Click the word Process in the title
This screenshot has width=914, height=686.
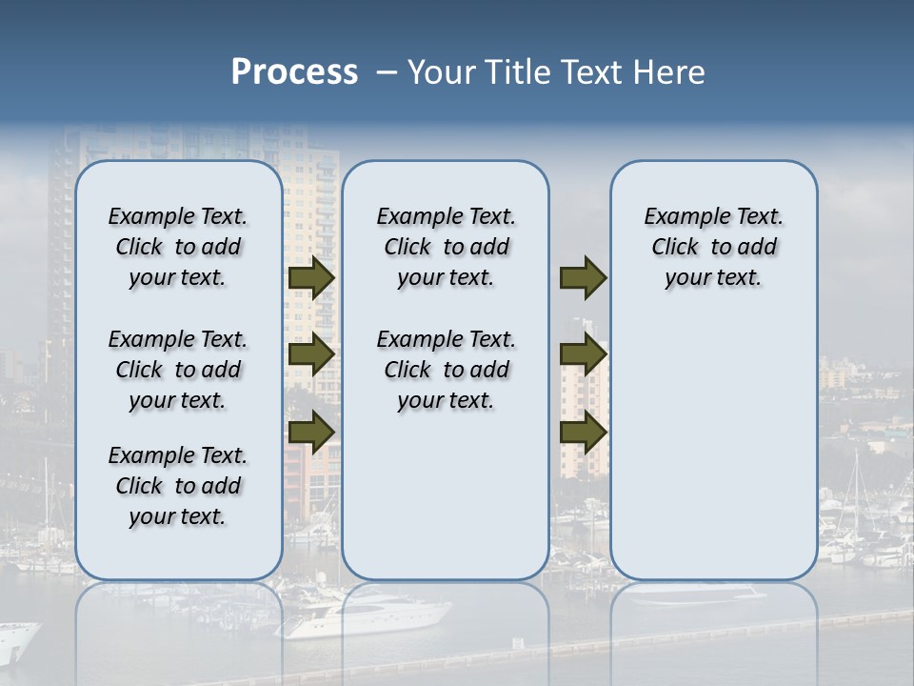pyautogui.click(x=294, y=72)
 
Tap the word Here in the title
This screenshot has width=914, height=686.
pyautogui.click(x=671, y=72)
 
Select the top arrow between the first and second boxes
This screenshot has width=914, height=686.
pyautogui.click(x=310, y=277)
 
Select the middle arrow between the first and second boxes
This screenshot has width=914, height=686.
pyautogui.click(x=310, y=355)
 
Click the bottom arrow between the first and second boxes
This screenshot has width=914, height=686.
pyautogui.click(x=310, y=431)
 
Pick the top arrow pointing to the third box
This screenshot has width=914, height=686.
pyautogui.click(x=583, y=277)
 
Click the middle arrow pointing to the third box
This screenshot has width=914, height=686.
pyautogui.click(x=583, y=355)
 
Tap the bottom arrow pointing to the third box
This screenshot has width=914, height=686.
pyautogui.click(x=583, y=431)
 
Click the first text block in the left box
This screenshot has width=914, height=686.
pyautogui.click(x=178, y=247)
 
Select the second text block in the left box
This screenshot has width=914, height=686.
pyautogui.click(x=178, y=370)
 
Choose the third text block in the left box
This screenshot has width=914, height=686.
pyautogui.click(x=178, y=486)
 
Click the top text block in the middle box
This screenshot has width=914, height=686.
pyautogui.click(x=446, y=247)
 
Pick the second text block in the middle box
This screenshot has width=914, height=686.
pyautogui.click(x=446, y=370)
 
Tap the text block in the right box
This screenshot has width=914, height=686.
pyautogui.click(x=713, y=247)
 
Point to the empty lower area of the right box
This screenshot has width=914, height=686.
pyautogui.click(x=713, y=448)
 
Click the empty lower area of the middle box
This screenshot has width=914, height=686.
pyautogui.click(x=446, y=495)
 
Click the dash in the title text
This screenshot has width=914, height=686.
pyautogui.click(x=386, y=72)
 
